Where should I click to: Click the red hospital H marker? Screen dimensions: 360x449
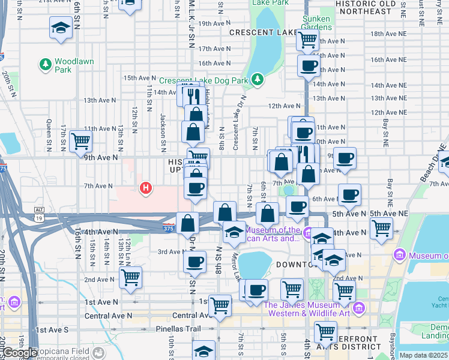click(145, 188)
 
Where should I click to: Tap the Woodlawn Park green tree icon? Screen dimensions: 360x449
click(45, 63)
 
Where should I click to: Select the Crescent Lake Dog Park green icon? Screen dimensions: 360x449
click(258, 79)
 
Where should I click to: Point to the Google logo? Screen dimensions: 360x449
click(20, 353)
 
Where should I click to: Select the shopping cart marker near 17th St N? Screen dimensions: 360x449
click(80, 141)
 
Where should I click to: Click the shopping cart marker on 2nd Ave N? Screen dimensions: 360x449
click(130, 277)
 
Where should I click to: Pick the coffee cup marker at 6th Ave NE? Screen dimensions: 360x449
click(349, 194)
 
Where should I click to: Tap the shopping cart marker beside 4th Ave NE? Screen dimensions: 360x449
click(382, 227)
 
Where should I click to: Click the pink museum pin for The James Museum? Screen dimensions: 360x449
click(359, 308)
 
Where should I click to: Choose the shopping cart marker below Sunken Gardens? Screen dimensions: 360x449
click(308, 40)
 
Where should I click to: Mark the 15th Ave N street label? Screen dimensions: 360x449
click(139, 78)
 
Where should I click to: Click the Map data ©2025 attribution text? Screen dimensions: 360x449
click(423, 355)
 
